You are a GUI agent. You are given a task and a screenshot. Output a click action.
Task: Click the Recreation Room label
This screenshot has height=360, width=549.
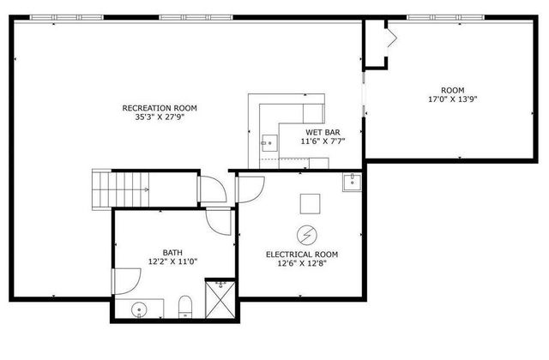160,108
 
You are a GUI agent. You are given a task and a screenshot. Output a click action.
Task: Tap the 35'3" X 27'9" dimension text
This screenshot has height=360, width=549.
160,117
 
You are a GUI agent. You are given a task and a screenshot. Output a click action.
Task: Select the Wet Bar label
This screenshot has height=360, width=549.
323,132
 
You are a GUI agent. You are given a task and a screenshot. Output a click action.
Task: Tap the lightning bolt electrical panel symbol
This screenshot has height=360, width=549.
305,233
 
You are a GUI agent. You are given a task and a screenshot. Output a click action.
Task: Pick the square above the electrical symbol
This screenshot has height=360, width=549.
310,202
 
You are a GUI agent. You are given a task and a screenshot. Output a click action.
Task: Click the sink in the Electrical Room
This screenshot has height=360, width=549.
351,182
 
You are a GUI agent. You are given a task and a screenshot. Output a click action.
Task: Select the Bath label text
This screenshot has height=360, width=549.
173,253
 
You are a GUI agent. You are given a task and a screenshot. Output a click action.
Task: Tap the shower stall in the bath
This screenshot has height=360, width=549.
222,299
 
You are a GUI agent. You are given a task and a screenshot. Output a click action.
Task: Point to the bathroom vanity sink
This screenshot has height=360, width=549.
139,309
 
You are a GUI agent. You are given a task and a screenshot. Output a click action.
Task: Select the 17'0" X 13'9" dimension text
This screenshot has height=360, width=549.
452,99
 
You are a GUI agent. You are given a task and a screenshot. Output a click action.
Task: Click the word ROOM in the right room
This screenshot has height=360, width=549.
452,90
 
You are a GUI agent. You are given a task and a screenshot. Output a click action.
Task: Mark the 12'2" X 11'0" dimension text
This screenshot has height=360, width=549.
173,262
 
